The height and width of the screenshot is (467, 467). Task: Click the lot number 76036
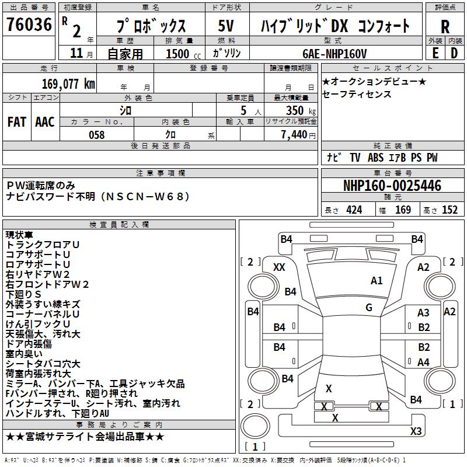point(29,25)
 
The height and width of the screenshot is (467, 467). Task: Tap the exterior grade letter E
point(435,53)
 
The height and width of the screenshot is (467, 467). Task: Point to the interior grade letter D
point(454,53)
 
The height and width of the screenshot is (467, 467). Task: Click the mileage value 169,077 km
point(68,83)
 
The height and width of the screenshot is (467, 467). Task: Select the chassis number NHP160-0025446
point(392,186)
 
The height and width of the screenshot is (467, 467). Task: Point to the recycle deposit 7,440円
point(297,135)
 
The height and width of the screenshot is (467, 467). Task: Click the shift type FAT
point(16,122)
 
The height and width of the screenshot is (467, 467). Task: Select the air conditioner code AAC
point(44,122)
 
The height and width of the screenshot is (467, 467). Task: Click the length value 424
point(354,210)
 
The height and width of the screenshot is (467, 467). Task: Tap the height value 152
point(449,210)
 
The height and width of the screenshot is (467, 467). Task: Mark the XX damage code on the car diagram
point(279,267)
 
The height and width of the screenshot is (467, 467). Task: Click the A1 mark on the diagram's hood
point(377,281)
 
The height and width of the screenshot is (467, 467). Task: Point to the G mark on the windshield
point(369,308)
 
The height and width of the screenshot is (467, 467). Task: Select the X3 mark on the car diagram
point(416,431)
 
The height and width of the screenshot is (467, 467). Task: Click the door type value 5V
point(226,26)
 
